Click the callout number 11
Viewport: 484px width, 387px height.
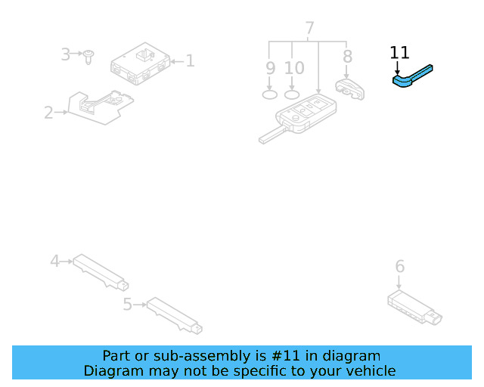point(399,52)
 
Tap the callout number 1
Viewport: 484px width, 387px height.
point(190,60)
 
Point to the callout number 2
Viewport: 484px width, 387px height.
point(48,113)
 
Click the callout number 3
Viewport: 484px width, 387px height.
point(66,54)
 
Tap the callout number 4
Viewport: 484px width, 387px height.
point(54,262)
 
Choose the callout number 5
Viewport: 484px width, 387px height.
point(127,304)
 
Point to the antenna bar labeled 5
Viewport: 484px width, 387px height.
point(175,314)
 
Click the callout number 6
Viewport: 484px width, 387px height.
point(400,266)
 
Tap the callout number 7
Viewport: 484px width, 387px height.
point(309,29)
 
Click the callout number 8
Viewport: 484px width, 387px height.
point(347,57)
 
